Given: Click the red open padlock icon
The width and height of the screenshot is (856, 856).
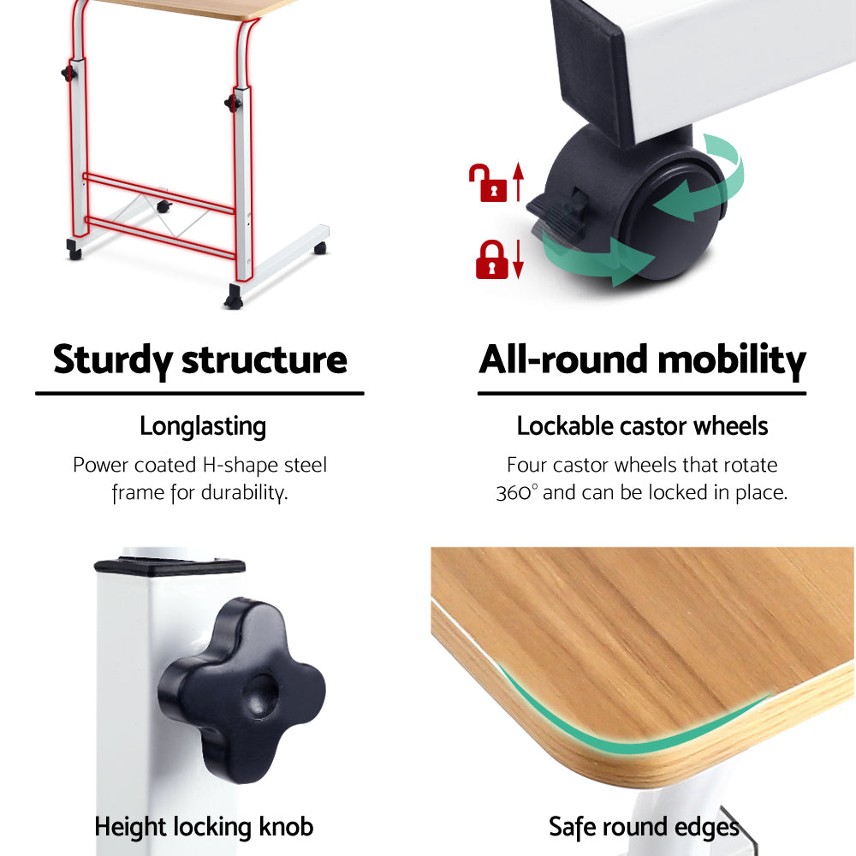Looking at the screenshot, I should click(x=486, y=183).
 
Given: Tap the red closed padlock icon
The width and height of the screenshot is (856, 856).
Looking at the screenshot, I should click(x=491, y=259).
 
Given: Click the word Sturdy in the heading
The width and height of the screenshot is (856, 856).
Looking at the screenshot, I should click(x=112, y=360).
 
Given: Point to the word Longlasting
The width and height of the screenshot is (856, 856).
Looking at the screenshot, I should click(x=203, y=426).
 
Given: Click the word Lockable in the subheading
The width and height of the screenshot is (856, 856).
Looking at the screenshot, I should click(x=562, y=426).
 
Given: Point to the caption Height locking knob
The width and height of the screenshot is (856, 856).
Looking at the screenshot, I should click(x=204, y=827).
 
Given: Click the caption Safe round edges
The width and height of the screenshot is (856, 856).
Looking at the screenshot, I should click(x=644, y=827).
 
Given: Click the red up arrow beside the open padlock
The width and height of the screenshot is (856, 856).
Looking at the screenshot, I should click(x=517, y=182).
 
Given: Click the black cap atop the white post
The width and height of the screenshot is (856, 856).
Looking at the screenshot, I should click(x=169, y=565).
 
